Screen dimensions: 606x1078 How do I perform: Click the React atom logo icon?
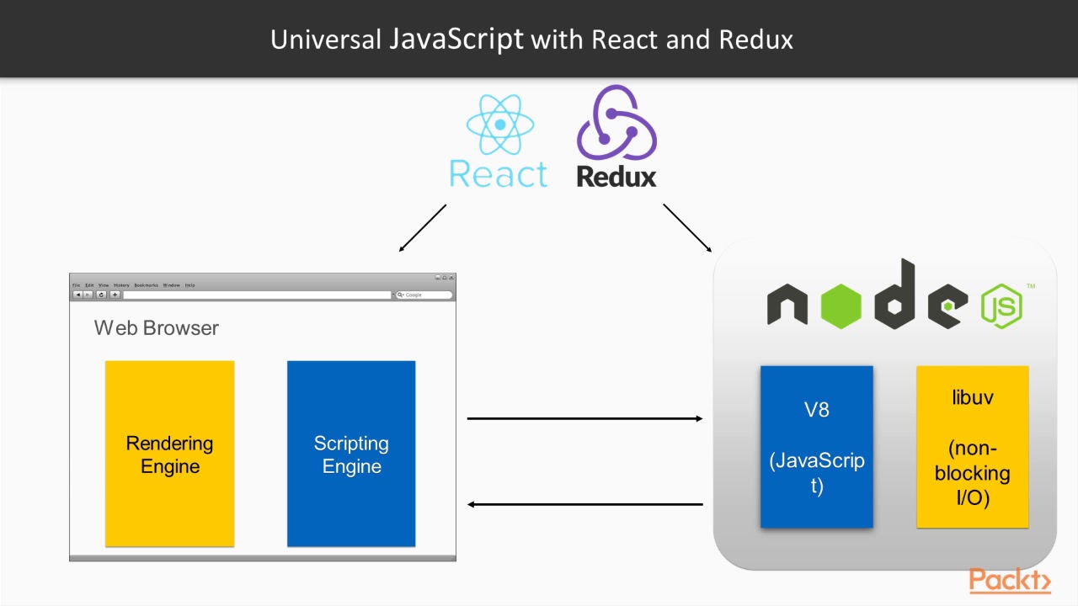pos(500,125)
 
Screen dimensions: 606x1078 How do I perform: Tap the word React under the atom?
pos(499,174)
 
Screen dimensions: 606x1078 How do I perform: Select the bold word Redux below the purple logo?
pos(616,177)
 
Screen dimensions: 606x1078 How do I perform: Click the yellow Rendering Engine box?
pos(169,454)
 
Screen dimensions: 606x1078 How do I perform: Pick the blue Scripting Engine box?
pos(351,454)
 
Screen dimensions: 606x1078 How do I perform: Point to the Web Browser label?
pos(157,328)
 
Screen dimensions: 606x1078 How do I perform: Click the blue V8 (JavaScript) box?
pos(816,447)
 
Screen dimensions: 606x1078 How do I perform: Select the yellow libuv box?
pos(972,447)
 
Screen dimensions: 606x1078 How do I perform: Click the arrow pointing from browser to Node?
pos(584,418)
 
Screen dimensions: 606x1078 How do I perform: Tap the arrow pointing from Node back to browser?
pos(584,504)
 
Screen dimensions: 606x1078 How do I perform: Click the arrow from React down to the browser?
pos(423,228)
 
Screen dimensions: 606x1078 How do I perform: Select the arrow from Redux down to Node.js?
pos(687,228)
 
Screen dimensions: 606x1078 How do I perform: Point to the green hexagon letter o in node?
pos(840,306)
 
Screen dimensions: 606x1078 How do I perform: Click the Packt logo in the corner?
pos(1009,581)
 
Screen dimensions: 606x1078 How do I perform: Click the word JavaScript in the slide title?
pos(456,39)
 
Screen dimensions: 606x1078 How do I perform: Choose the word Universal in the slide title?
pos(326,40)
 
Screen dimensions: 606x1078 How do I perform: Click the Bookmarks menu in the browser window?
pos(146,285)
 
